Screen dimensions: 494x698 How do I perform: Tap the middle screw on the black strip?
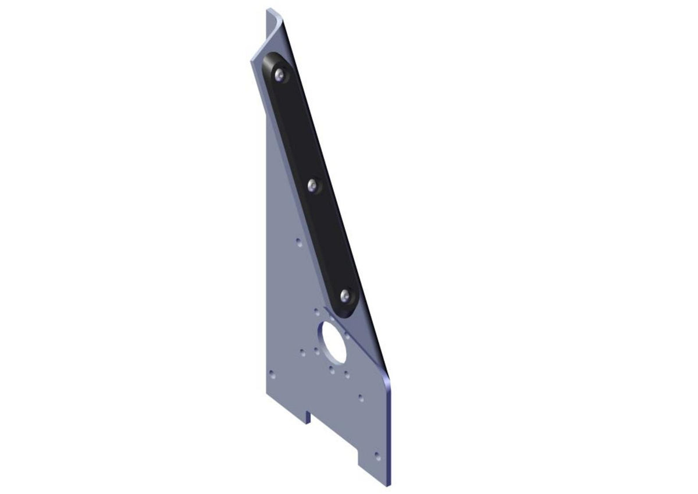pyautogui.click(x=314, y=186)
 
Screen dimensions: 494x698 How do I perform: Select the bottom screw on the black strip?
pyautogui.click(x=346, y=296)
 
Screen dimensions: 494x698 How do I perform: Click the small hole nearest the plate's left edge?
pyautogui.click(x=271, y=374)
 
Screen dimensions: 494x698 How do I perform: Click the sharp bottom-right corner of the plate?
pyautogui.click(x=390, y=484)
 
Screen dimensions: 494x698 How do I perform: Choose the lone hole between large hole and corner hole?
pyautogui.click(x=361, y=399)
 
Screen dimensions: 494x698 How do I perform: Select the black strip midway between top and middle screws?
pyautogui.click(x=297, y=129)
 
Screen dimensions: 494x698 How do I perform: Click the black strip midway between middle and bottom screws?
pyautogui.click(x=329, y=241)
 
